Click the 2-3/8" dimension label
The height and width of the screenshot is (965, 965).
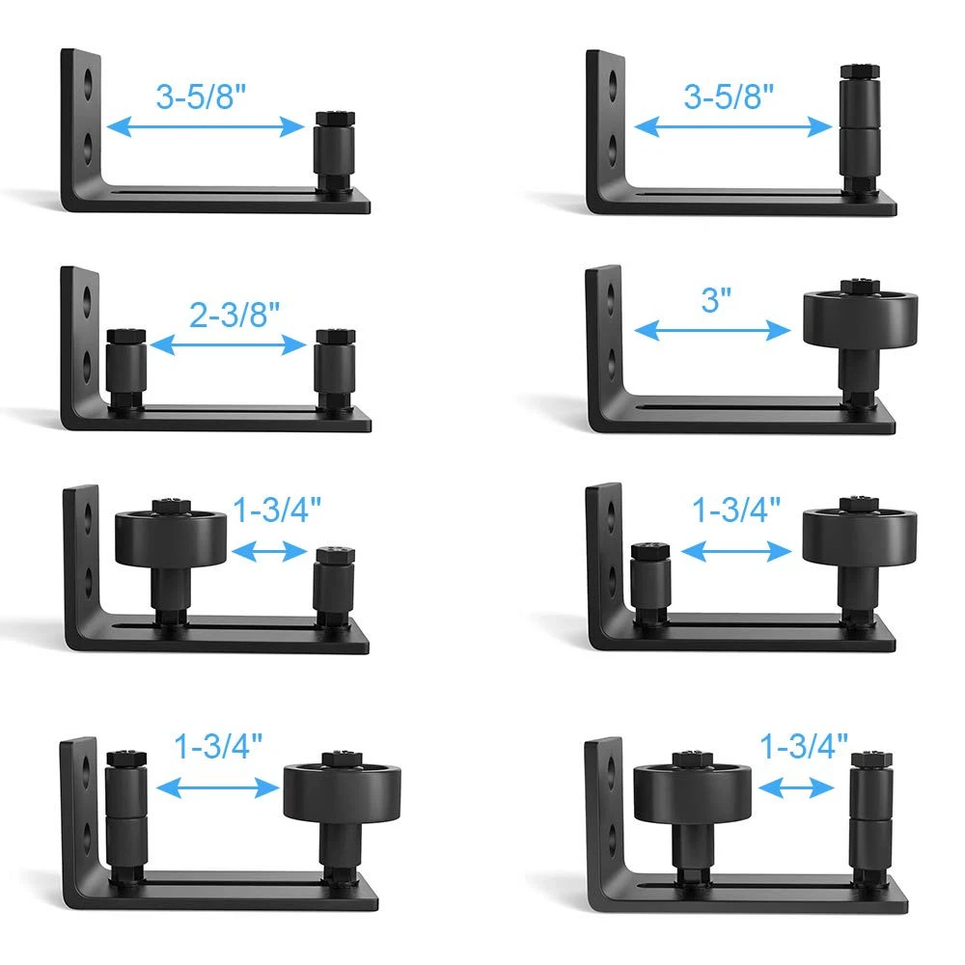(234, 315)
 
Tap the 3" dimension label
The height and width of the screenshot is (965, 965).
(716, 300)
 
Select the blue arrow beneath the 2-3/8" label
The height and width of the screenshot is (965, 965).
(228, 345)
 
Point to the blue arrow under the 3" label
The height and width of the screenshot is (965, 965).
(712, 330)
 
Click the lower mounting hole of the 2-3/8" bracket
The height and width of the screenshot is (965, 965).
(87, 365)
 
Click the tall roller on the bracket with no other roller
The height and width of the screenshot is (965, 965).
(860, 129)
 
